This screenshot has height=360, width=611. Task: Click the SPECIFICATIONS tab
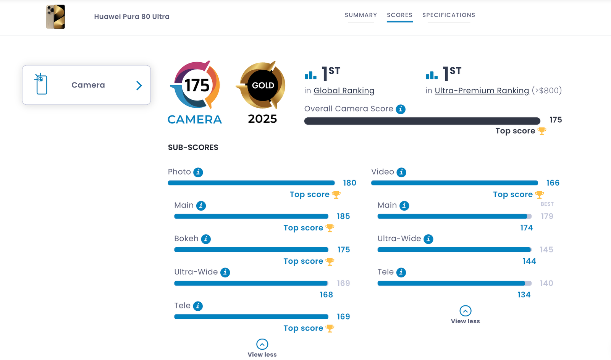point(449,15)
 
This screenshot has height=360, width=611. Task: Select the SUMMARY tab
point(361,15)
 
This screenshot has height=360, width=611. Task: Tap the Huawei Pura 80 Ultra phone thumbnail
point(56,17)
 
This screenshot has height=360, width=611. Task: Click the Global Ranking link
point(344,91)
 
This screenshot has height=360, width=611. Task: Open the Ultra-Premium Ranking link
point(482,91)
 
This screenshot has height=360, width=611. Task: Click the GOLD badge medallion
point(263,85)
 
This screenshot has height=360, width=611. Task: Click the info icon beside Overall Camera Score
point(401,109)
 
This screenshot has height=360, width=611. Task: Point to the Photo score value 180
point(349,183)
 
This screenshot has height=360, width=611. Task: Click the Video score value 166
point(553,183)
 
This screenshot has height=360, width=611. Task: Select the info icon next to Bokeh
point(206,239)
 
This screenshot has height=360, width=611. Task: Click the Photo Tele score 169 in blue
point(343,317)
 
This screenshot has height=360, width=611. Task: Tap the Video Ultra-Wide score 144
point(529,261)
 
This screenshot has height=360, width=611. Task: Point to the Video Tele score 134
point(524,295)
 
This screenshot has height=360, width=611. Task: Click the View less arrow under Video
point(465,311)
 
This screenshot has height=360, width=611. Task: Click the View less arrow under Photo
point(262,344)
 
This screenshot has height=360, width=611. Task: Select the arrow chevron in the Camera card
point(139,86)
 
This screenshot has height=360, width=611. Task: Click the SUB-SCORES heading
point(193,148)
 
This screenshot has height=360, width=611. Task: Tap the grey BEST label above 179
point(547,204)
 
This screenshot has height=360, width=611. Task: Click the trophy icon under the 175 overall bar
point(542,131)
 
